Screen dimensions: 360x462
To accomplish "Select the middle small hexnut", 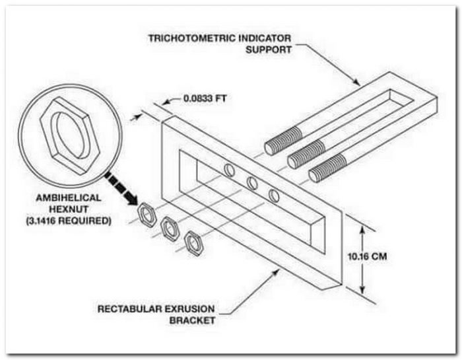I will [x=170, y=229].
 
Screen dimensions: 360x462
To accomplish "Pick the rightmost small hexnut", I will [x=194, y=242].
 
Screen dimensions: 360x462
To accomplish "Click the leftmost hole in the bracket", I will [x=230, y=170].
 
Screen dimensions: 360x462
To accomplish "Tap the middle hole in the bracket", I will [x=251, y=182].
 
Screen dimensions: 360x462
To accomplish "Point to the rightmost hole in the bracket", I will [x=273, y=195].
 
